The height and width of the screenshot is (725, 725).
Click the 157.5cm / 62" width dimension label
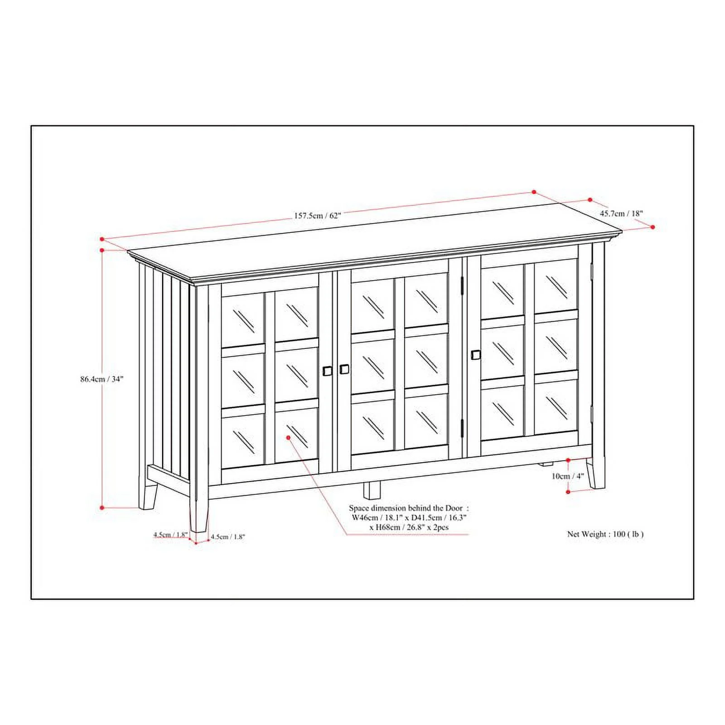pos(317,216)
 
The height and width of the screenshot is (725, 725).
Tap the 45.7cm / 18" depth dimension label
pos(621,213)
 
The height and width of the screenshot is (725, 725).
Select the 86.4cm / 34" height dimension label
pos(102,379)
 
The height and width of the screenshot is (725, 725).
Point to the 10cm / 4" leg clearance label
pos(567,476)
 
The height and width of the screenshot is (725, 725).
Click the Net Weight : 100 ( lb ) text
pos(605,534)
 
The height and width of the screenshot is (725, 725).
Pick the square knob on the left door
pos(327,371)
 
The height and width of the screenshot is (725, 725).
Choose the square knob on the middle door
pos(344,369)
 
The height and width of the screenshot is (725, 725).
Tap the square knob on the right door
pos(475,354)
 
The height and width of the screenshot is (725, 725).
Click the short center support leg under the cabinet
pos(372,490)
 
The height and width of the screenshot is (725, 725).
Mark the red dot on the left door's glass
pos(289,437)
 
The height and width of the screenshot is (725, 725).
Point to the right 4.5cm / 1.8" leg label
pos(228,536)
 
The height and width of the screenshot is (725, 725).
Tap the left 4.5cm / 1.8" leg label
pos(170,535)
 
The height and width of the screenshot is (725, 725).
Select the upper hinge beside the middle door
pos(462,285)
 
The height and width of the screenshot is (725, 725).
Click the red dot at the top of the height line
pos(102,250)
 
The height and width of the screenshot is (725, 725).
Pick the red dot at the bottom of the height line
pos(102,508)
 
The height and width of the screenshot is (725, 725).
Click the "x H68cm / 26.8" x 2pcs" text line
pos(409,527)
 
